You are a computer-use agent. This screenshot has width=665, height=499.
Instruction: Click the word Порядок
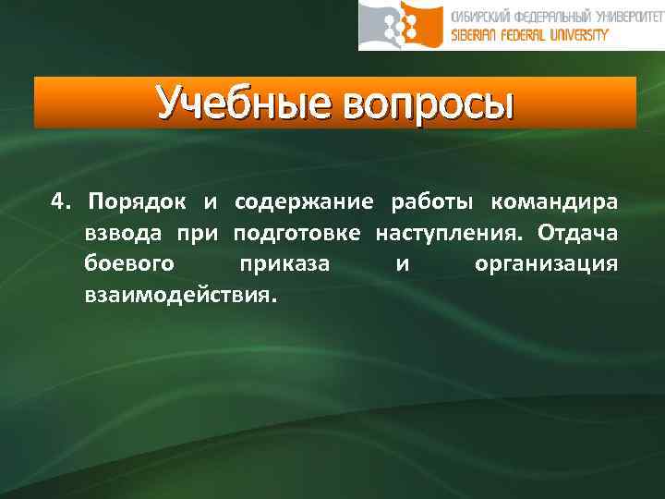click(x=138, y=201)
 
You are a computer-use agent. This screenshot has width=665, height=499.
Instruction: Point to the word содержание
click(x=304, y=201)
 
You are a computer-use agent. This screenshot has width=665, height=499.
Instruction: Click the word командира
click(x=555, y=201)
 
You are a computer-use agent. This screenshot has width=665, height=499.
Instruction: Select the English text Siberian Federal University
click(x=530, y=35)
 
